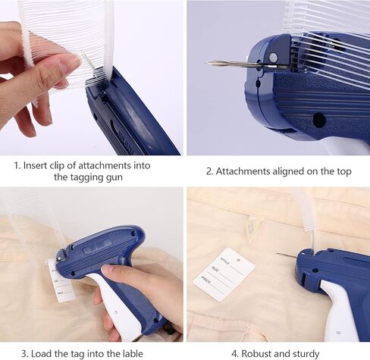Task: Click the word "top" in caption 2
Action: click(343, 171)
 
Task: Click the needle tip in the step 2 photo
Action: click(208, 63)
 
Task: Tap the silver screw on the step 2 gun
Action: click(273, 58)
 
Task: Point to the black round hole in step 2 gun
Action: click(319, 120)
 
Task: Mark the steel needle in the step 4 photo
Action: click(287, 255)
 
